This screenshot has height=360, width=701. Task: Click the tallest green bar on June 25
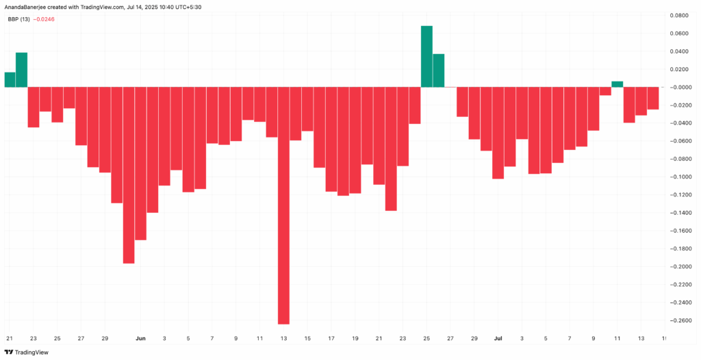point(426,57)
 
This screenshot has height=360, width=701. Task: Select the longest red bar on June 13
point(283,205)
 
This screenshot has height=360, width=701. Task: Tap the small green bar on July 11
point(617,84)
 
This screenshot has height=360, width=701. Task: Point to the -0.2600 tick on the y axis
point(682,320)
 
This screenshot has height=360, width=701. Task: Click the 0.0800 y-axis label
point(682,15)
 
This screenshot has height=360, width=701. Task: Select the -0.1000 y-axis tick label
point(682,177)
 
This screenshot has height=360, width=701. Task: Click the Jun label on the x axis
point(140,338)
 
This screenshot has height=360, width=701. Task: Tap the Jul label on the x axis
point(498,338)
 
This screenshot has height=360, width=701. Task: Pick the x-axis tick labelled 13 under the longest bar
point(283,338)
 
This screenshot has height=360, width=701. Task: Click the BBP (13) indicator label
point(18,19)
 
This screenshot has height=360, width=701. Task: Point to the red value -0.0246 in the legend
point(43,19)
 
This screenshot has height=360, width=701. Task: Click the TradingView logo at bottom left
point(31,352)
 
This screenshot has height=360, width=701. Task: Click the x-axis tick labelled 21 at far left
point(10,338)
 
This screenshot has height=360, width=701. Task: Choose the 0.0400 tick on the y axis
point(682,51)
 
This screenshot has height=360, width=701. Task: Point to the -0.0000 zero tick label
point(682,87)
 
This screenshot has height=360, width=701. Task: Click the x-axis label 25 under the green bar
point(426,338)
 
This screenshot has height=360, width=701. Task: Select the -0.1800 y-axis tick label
point(682,248)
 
